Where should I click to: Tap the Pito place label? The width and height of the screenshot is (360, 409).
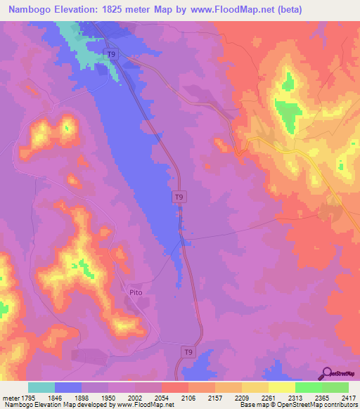click(136, 288)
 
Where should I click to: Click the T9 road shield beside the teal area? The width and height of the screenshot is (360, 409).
click(112, 54)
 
